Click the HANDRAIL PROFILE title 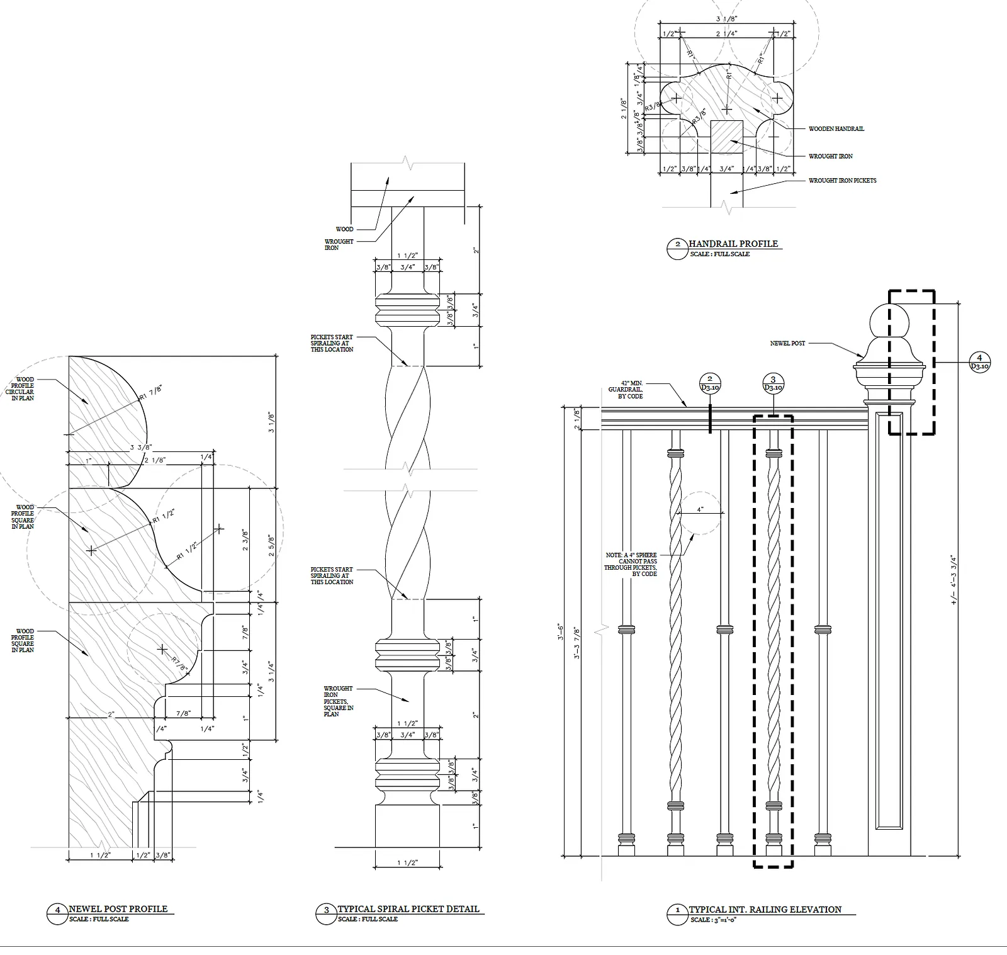click(x=733, y=244)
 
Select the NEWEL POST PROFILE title click(x=118, y=908)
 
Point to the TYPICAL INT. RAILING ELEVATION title click(x=765, y=909)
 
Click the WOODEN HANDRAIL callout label click(x=836, y=128)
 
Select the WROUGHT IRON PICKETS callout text click(x=842, y=181)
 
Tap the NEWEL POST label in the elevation click(x=787, y=343)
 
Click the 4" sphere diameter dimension click(x=700, y=509)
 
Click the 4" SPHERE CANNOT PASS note click(x=631, y=564)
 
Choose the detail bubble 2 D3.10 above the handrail click(x=709, y=383)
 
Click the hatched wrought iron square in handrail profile click(x=727, y=137)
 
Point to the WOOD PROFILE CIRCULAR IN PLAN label click(x=25, y=389)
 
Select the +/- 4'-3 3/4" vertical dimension click(x=954, y=579)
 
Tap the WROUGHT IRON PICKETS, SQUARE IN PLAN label click(x=339, y=701)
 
